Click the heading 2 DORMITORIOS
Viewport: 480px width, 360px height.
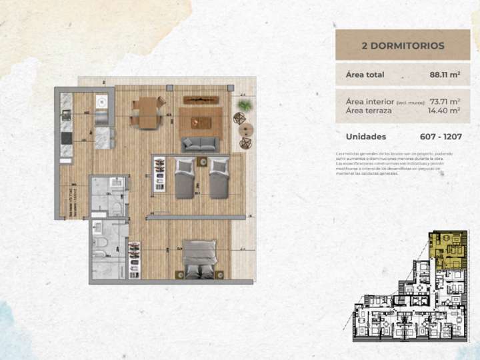pos(402,46)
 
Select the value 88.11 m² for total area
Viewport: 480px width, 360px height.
pos(445,75)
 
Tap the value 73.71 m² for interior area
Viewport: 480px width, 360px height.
pos(446,101)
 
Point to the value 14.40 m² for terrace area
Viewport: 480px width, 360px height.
pos(446,111)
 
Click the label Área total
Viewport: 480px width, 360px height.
pos(365,75)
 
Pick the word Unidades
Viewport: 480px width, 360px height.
pos(366,137)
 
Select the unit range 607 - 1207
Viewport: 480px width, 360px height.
pos(441,137)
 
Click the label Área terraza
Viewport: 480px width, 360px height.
pos(369,111)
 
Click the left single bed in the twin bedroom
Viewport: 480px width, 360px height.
pos(185,177)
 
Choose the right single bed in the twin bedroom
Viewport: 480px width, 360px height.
pos(218,177)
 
